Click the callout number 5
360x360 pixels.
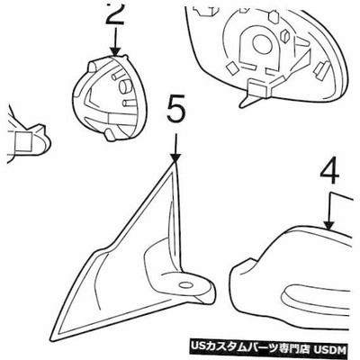pos(176,111)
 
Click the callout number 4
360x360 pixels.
pos(330,174)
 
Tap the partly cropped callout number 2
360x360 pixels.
pos(115,13)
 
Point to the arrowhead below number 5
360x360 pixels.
pos(175,158)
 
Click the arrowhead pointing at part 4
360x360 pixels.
pos(329,226)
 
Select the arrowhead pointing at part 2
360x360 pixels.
pos(115,51)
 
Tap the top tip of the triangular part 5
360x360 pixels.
pos(175,164)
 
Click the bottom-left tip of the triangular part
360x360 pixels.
pos(52,340)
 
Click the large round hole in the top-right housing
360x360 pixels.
pos(262,44)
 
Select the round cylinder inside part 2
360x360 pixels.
pos(124,85)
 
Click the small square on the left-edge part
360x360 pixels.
pos(22,141)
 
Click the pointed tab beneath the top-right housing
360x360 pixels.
pos(246,102)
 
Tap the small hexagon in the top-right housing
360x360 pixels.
pos(274,17)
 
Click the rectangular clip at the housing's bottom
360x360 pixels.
pos(259,89)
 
